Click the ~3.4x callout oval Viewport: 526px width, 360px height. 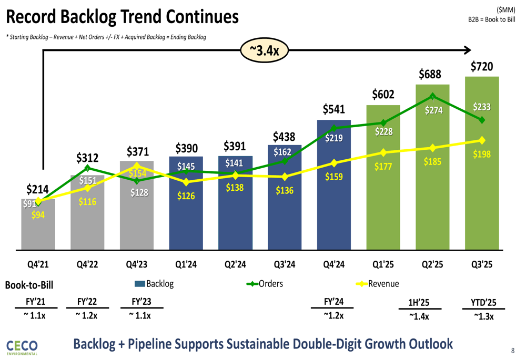(x=265, y=50)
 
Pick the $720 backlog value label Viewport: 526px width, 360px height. (x=482, y=66)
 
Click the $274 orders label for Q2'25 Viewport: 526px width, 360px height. (x=434, y=110)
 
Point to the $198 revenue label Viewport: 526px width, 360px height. (x=482, y=154)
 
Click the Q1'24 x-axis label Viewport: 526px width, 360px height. (x=186, y=265)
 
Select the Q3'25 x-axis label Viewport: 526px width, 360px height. (x=482, y=265)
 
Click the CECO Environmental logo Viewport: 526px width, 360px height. (x=22, y=347)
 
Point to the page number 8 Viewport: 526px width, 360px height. (x=512, y=351)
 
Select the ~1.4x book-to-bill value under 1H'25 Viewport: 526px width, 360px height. (x=419, y=316)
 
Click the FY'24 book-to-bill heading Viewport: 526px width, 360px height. (x=334, y=302)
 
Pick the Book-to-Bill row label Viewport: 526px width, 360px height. (x=29, y=285)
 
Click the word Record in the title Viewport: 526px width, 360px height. (x=32, y=17)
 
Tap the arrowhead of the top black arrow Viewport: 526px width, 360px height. (x=467, y=50)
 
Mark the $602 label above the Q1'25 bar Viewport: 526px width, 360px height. (x=383, y=94)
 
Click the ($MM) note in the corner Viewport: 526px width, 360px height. (x=506, y=10)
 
